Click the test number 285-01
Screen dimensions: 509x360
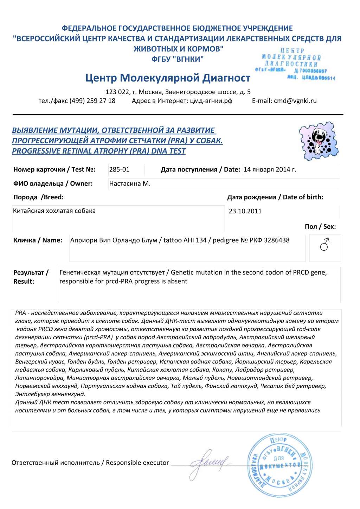point(119,169)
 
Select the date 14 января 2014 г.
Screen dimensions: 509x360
point(270,169)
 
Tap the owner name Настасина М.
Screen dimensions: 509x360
point(130,183)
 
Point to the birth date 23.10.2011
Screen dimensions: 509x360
point(245,211)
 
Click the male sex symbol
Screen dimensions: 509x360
point(325,244)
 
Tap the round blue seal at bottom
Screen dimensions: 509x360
point(278,465)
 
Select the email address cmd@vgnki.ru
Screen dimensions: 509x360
point(295,101)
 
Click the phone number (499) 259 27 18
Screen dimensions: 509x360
point(92,101)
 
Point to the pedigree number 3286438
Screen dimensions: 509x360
point(277,240)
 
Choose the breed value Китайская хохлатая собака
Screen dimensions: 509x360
point(54,211)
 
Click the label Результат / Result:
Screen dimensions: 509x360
point(31,277)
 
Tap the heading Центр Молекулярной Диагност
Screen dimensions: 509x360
point(168,78)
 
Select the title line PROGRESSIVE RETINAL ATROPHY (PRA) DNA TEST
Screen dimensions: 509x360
point(99,151)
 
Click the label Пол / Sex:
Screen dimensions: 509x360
point(320,227)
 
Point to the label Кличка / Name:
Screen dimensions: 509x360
point(38,240)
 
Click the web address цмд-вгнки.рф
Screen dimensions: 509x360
point(211,101)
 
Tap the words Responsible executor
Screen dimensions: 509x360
point(137,463)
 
